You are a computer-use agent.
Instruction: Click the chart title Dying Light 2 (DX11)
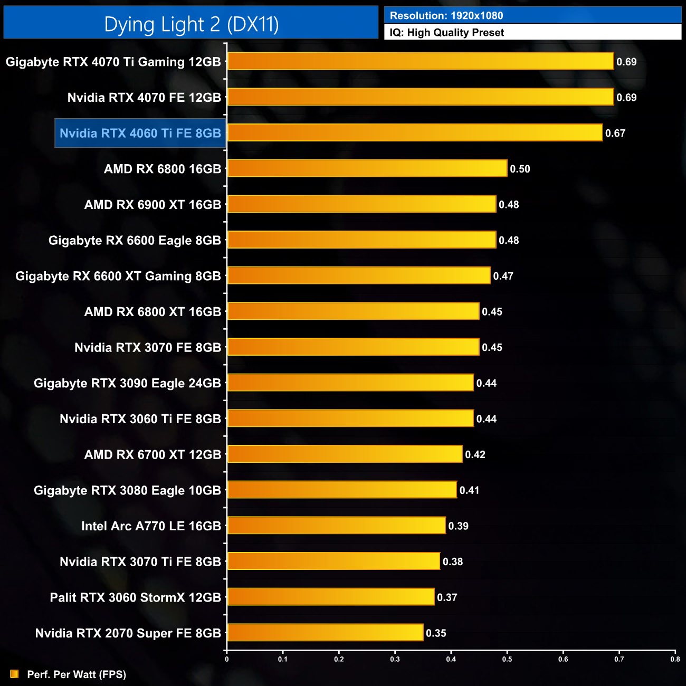point(191,24)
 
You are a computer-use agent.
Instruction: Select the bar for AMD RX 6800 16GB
point(367,169)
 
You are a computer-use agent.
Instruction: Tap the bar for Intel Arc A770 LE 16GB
point(336,526)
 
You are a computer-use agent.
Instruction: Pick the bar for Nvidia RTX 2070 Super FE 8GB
point(325,633)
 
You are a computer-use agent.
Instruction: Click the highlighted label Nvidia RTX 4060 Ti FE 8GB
point(140,134)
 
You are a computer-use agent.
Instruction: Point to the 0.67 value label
point(615,134)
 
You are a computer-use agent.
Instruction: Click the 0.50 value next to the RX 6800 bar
point(520,169)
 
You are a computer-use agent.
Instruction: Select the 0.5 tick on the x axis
point(507,659)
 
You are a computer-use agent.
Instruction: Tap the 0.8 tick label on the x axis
point(675,659)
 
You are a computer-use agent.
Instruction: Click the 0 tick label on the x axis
point(227,659)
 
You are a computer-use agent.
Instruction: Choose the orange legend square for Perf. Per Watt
point(14,674)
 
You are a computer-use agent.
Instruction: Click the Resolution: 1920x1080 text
point(446,16)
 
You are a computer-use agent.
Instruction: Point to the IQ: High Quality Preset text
point(447,33)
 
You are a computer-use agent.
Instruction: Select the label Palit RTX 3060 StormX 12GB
point(135,598)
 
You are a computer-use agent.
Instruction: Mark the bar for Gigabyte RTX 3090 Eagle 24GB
point(350,383)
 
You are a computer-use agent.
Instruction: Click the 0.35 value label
point(436,633)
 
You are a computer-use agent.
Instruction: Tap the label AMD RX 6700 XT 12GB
point(153,455)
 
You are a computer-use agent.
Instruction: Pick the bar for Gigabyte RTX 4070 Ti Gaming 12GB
point(421,62)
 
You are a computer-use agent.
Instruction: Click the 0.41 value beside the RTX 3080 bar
point(469,491)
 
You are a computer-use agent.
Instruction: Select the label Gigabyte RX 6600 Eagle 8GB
point(135,241)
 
